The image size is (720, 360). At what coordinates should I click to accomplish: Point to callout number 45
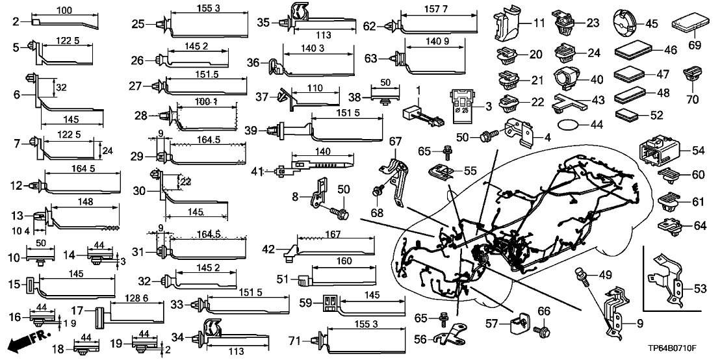pos(652,24)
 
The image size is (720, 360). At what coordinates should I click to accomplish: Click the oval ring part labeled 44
pos(569,123)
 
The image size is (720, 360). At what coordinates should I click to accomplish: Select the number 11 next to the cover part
pos(539,24)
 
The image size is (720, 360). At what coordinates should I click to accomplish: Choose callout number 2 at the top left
pos(16,22)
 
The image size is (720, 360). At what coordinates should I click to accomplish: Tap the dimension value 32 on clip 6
pos(60,86)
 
